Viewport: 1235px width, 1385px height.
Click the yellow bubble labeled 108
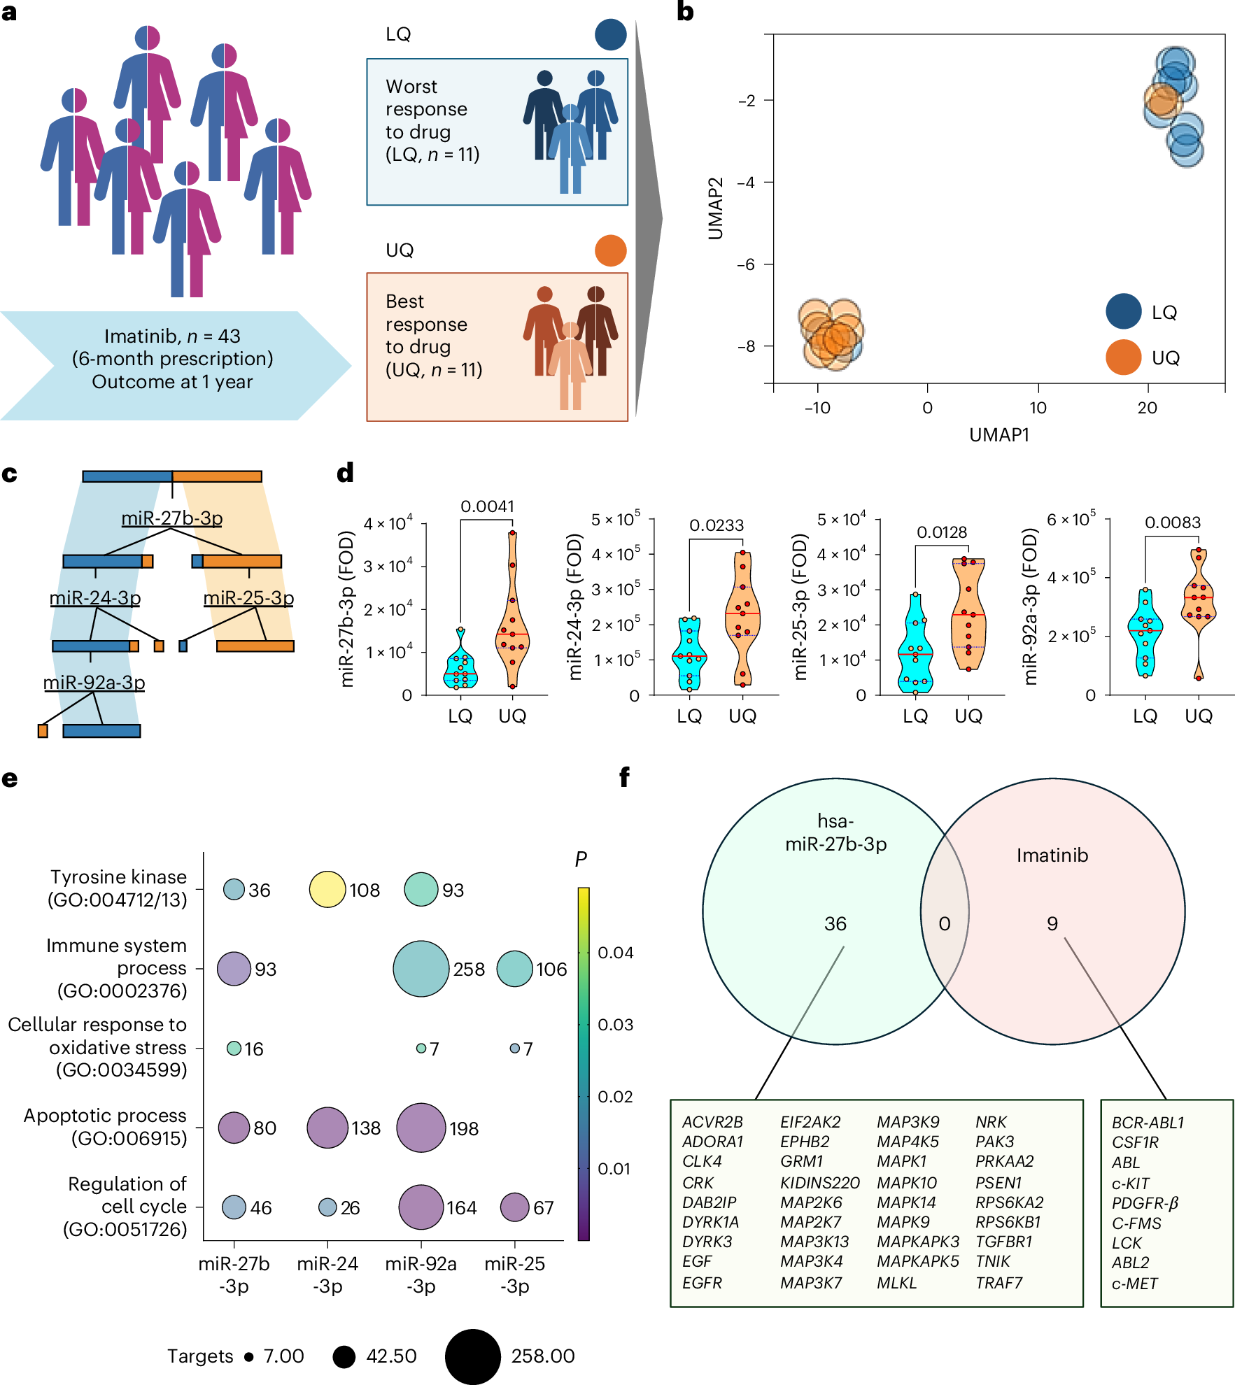click(327, 889)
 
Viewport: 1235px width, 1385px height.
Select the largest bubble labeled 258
click(421, 969)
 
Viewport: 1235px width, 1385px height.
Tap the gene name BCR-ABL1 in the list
click(1148, 1123)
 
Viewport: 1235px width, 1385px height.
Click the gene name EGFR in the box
click(702, 1283)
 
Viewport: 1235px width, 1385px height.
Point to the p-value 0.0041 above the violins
click(487, 506)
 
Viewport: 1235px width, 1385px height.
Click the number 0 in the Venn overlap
click(944, 924)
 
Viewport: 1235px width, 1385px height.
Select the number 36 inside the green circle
click(835, 924)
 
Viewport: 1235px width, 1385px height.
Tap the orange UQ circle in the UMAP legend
click(1124, 357)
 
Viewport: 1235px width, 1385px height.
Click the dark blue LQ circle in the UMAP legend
click(1124, 311)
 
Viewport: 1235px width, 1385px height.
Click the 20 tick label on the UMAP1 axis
click(1147, 408)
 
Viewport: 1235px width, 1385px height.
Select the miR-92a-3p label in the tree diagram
click(94, 682)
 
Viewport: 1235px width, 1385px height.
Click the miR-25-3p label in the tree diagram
click(248, 598)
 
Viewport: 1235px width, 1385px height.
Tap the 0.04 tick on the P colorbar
click(616, 953)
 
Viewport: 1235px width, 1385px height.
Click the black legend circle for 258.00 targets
click(473, 1356)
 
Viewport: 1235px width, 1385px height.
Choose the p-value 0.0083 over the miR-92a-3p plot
click(1173, 523)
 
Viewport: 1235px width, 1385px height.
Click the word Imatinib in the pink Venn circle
click(1052, 855)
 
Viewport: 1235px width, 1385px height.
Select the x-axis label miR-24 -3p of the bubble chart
click(327, 1274)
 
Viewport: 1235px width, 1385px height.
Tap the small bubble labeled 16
click(234, 1048)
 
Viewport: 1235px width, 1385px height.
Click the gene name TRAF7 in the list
click(998, 1283)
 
